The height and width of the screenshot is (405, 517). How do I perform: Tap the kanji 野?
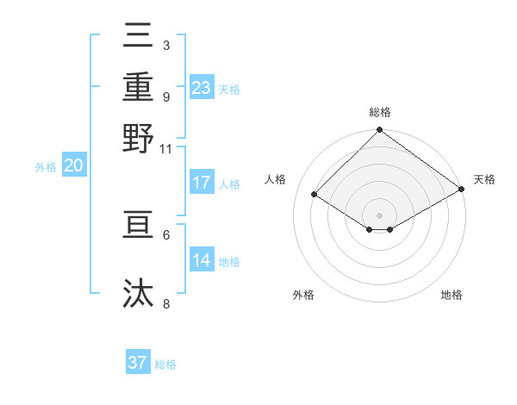pos(139,138)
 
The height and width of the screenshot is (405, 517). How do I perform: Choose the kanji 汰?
pos(139,294)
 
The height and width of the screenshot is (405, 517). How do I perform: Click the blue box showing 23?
pos(202,87)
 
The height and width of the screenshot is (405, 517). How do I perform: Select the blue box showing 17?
pos(202,183)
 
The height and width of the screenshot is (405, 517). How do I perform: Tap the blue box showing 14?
pos(202,260)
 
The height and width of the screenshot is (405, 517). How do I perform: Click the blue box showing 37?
pos(138,363)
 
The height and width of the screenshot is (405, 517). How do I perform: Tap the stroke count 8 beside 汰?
pos(166,304)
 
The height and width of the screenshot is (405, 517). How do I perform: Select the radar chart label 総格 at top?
pos(379,112)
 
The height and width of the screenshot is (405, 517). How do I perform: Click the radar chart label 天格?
pos(484,179)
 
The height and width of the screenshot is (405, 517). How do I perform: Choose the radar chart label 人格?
pos(275,179)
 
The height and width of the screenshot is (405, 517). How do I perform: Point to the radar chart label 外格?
pos(303,295)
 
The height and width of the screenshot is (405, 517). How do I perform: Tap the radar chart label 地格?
pos(452,295)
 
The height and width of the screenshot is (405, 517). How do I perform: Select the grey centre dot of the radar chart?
pos(379,215)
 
